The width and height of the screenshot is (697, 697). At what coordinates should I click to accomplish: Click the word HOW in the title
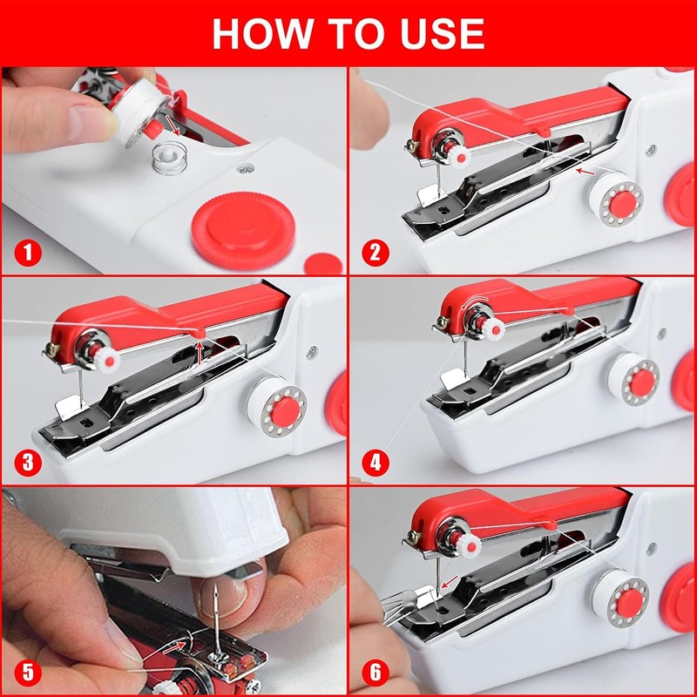pyautogui.click(x=263, y=34)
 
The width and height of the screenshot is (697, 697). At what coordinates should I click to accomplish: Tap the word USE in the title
pyautogui.click(x=443, y=34)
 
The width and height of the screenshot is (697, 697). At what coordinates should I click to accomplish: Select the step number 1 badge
pyautogui.click(x=28, y=253)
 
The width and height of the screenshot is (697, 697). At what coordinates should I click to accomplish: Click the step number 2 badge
pyautogui.click(x=376, y=253)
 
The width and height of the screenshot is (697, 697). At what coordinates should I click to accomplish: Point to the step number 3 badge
pyautogui.click(x=28, y=463)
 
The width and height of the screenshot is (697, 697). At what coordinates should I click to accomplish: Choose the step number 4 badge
pyautogui.click(x=376, y=463)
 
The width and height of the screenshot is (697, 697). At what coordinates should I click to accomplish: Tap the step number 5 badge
pyautogui.click(x=28, y=673)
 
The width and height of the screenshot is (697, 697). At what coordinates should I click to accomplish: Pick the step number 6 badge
pyautogui.click(x=376, y=673)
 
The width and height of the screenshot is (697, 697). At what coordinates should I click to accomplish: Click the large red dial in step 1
pyautogui.click(x=243, y=230)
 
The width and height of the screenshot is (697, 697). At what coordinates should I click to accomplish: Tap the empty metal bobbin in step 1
pyautogui.click(x=169, y=158)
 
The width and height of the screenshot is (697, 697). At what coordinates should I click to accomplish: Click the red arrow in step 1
pyautogui.click(x=173, y=125)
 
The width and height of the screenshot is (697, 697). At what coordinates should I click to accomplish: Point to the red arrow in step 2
pyautogui.click(x=585, y=172)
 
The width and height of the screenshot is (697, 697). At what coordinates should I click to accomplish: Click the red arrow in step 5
pyautogui.click(x=174, y=647)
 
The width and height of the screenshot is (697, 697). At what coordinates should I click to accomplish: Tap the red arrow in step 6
pyautogui.click(x=449, y=581)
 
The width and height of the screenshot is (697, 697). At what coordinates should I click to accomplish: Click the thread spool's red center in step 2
pyautogui.click(x=622, y=204)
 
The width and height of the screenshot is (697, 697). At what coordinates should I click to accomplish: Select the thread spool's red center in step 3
pyautogui.click(x=286, y=411)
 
